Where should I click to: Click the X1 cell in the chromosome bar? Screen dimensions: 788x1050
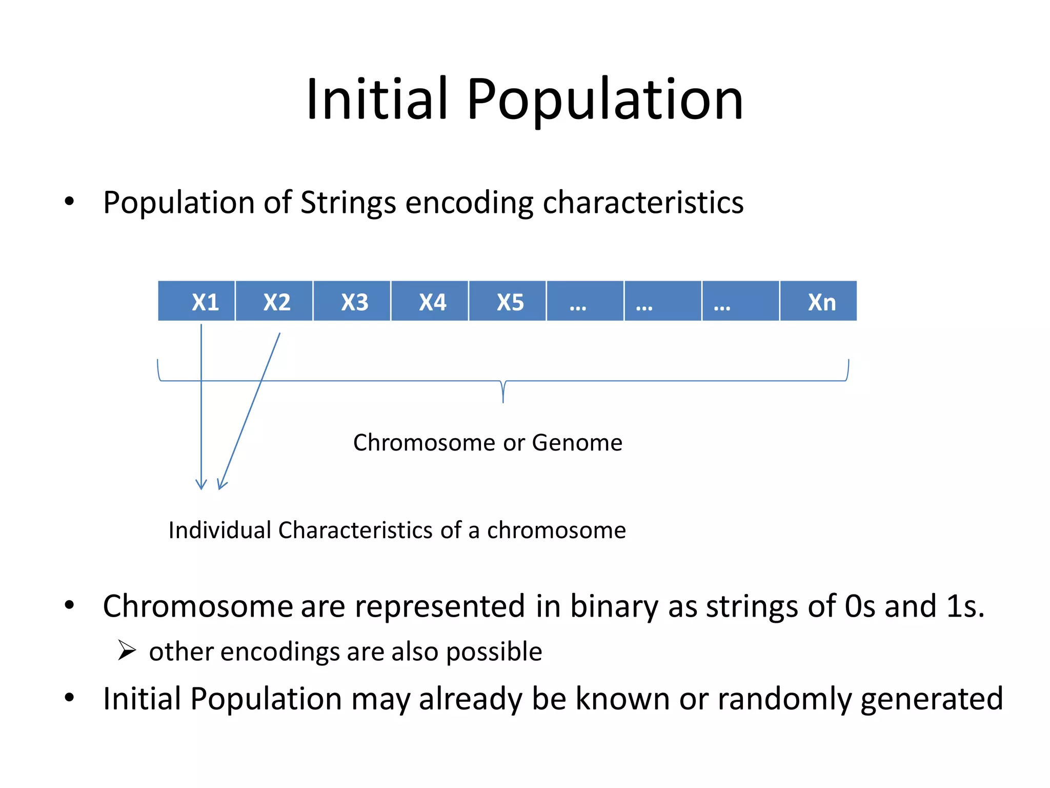click(x=197, y=301)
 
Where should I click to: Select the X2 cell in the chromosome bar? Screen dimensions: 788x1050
click(x=275, y=301)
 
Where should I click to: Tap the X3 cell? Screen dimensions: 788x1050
click(x=353, y=301)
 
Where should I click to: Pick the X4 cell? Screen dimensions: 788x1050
click(x=431, y=301)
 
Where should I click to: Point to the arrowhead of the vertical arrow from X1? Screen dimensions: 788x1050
click(x=201, y=486)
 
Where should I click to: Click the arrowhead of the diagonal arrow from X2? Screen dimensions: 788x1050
click(x=220, y=486)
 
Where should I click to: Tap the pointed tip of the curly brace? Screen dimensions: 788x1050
click(x=503, y=401)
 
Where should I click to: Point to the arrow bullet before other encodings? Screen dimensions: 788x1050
click(x=126, y=651)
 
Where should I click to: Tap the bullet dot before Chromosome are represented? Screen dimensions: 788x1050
click(x=69, y=605)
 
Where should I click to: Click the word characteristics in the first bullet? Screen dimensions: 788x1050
click(x=643, y=202)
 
